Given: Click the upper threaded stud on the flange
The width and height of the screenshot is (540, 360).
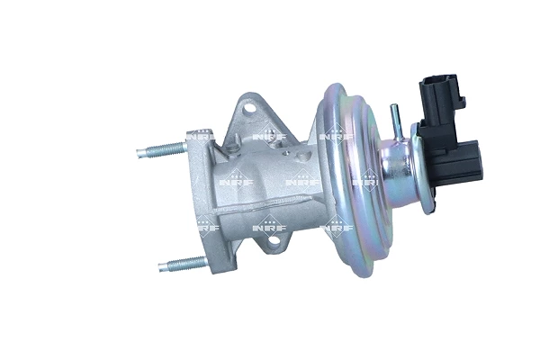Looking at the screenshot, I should pos(162,149).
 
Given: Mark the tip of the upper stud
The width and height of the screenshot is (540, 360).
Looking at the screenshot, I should pos(140,153).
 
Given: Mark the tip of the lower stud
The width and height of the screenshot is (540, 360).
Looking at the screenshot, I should pos(161,266).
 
